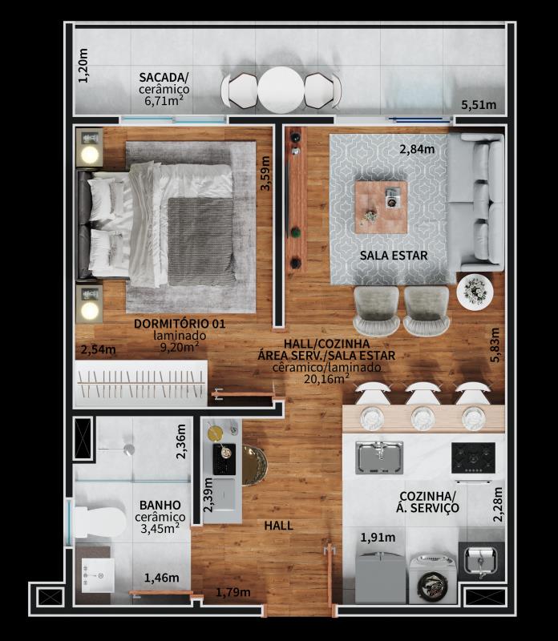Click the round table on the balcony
[281, 90]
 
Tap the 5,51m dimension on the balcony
[479, 105]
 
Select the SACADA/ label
[164, 77]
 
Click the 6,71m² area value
[164, 101]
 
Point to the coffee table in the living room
[381, 208]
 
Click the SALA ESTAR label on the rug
[394, 256]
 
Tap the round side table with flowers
[475, 292]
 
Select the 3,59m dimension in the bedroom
[265, 173]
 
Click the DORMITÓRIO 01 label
[180, 324]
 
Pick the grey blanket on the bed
[201, 242]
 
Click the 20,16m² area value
[326, 378]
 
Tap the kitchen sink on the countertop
[379, 458]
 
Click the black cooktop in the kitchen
[473, 457]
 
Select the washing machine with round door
[433, 579]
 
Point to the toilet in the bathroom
[100, 522]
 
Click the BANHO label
[160, 505]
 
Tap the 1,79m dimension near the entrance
[233, 591]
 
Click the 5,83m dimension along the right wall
[495, 345]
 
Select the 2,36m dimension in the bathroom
[181, 442]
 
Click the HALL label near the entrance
[278, 526]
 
